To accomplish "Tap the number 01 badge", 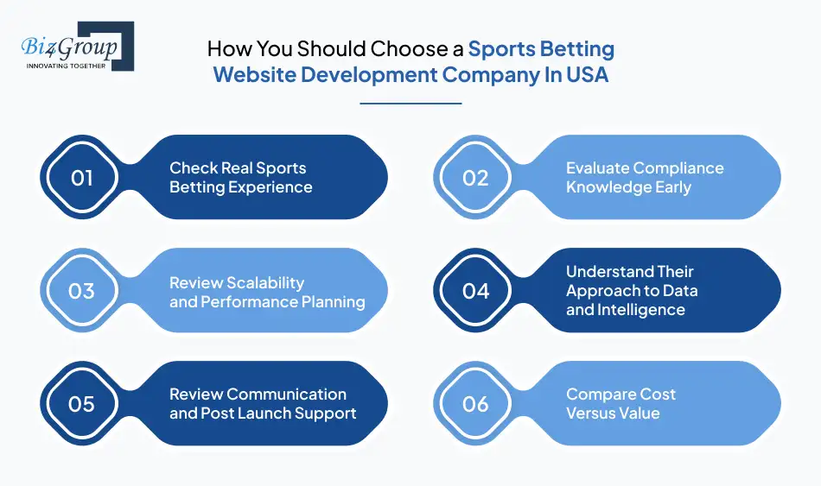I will [x=82, y=178].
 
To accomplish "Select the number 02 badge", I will [x=475, y=178].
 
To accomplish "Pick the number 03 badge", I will [x=82, y=291].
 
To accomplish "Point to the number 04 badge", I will [x=475, y=291].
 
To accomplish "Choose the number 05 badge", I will [x=82, y=404].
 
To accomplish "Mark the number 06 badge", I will [x=475, y=404].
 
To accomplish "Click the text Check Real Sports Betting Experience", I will [x=240, y=177].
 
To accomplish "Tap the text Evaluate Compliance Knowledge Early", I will [x=644, y=177].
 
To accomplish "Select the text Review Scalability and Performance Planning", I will [x=266, y=292].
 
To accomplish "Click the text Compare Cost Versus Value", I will [x=621, y=403].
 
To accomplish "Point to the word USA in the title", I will [x=588, y=74].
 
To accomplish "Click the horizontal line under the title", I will [x=410, y=104].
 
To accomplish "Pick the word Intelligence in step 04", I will [x=639, y=310].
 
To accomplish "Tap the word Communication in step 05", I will [x=286, y=394].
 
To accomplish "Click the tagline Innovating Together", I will [x=67, y=64].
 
